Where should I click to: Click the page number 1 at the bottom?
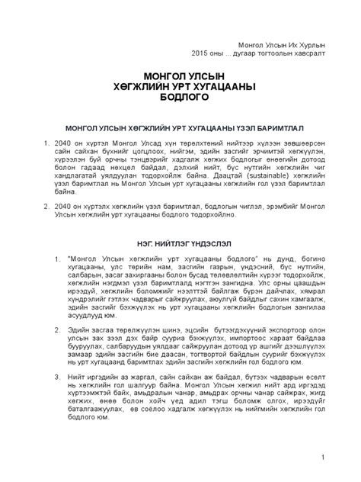coord(323,457)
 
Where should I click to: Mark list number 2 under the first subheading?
coord(41,195)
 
